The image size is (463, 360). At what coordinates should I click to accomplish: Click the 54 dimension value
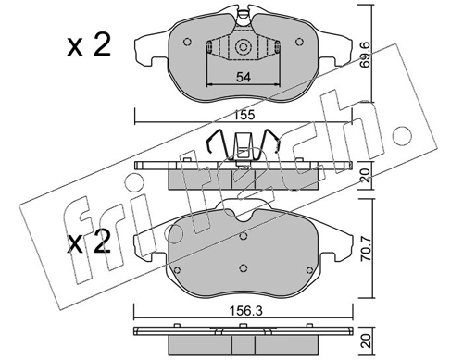pos(244,77)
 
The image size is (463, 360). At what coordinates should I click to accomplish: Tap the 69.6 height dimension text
pos(366,59)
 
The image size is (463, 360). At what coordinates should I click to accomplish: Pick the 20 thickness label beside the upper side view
pos(366,175)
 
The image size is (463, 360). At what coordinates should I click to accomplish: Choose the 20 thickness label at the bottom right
pos(366,341)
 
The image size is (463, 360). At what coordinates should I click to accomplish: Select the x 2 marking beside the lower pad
pos(89,242)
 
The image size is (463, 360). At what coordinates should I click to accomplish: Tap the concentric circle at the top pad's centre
pos(243,47)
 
